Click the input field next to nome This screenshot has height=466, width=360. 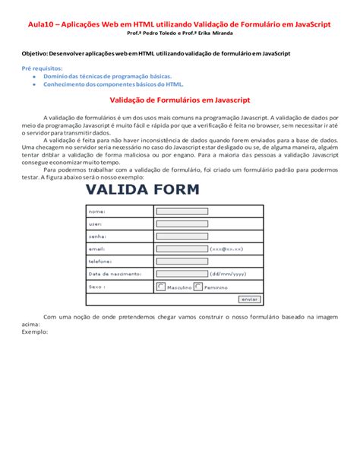click(182, 211)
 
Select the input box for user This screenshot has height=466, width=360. click(182, 223)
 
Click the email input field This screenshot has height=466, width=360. click(182, 248)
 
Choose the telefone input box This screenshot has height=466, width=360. click(182, 261)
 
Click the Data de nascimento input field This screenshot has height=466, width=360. click(182, 274)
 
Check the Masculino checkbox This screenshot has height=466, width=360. click(160, 287)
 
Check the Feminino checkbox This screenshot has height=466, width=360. click(198, 287)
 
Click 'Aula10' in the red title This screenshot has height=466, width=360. click(43, 24)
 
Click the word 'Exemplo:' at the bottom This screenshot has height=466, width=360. click(35, 331)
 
